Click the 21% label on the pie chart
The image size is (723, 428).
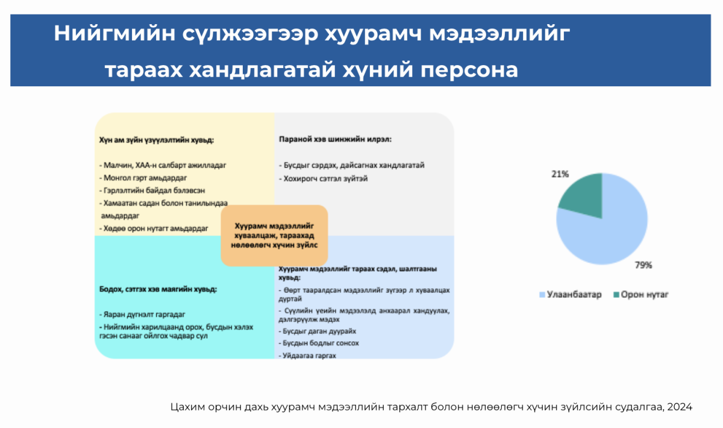[x=560, y=174]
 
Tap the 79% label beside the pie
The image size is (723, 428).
[x=643, y=265]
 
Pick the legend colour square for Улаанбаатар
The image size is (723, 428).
[x=542, y=295]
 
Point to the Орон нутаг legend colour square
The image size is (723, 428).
[x=616, y=295]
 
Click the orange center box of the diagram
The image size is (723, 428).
[x=274, y=236]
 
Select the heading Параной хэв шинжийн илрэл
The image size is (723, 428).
[x=335, y=139]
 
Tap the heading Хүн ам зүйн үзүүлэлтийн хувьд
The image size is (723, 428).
[x=157, y=140]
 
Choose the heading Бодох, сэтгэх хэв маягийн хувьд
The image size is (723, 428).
[x=158, y=289]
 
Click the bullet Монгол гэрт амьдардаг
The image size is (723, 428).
[x=143, y=178]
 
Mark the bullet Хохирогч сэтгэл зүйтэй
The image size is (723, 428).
[x=324, y=178]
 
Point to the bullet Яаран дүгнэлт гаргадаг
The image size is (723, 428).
[x=142, y=314]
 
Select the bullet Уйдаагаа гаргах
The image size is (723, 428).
[x=307, y=356]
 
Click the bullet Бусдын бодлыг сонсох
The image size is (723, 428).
[x=319, y=343]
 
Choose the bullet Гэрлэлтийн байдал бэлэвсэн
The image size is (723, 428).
[x=152, y=190]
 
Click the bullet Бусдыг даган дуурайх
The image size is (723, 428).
[x=318, y=331]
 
